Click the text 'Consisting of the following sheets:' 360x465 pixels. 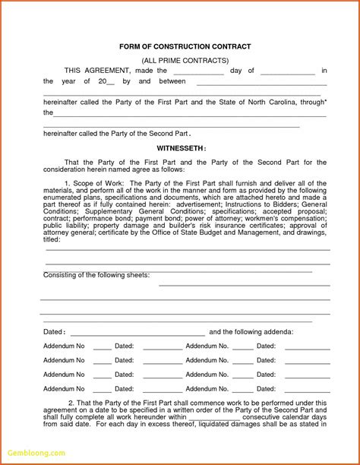pos(96,275)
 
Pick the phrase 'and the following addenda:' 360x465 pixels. pos(251,332)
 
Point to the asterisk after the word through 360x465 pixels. pos(325,99)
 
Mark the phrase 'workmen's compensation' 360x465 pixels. pos(287,218)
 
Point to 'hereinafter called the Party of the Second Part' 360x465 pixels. pos(115,133)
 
